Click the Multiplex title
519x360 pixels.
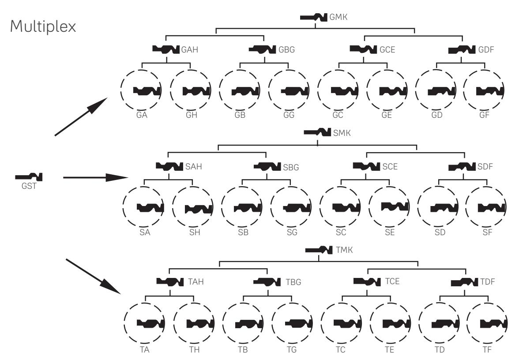pyautogui.click(x=43, y=26)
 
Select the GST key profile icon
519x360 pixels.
pyautogui.click(x=29, y=177)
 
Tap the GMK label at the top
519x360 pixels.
pyautogui.click(x=338, y=17)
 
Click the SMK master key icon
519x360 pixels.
pyautogui.click(x=317, y=132)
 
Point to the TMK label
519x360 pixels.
pyautogui.click(x=344, y=250)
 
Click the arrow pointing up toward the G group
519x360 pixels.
pyautogui.click(x=81, y=116)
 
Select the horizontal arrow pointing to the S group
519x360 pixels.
pyautogui.click(x=96, y=178)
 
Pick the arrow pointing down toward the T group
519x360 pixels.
pyautogui.click(x=94, y=276)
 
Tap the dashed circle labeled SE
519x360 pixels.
pyautogui.click(x=369, y=207)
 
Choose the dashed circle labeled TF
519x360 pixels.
pyautogui.click(x=466, y=323)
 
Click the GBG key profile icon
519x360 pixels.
pyautogui.click(x=262, y=49)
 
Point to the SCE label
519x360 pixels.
pyautogui.click(x=390, y=166)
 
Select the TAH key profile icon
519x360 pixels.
pyautogui.click(x=170, y=282)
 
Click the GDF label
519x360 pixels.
pyautogui.click(x=486, y=49)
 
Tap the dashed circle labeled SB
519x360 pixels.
pyautogui.click(x=221, y=207)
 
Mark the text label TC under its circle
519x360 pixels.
pyautogui.click(x=340, y=349)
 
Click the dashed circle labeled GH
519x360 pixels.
pyautogui.click(x=170, y=90)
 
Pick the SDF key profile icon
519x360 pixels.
pyautogui.click(x=462, y=166)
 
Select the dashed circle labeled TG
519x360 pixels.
pyautogui.click(x=271, y=323)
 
